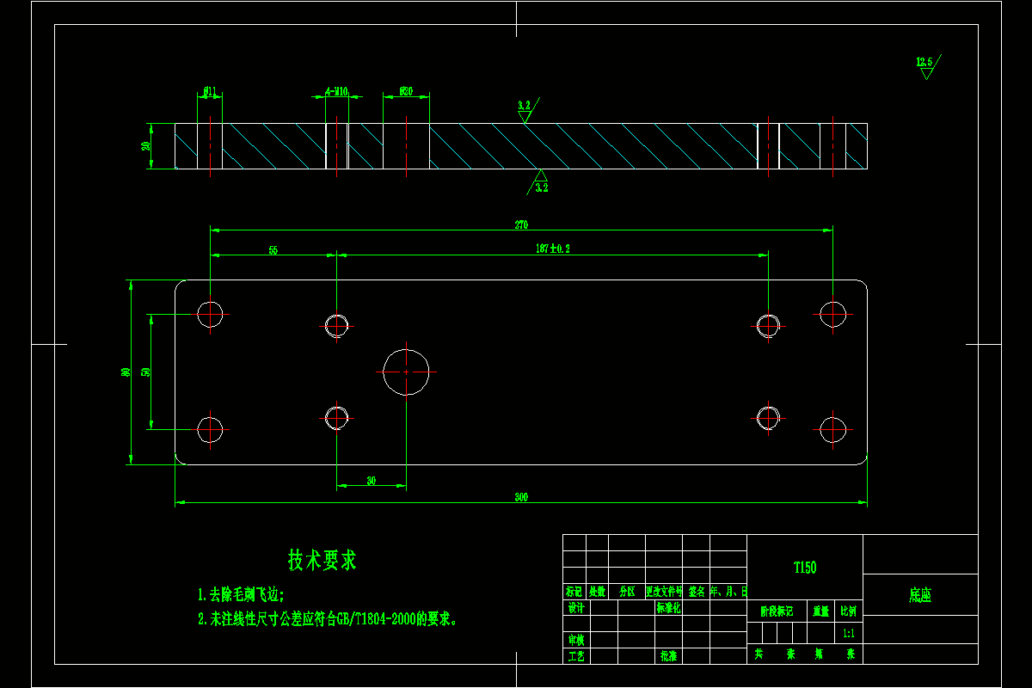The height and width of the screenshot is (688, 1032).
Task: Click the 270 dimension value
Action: [x=521, y=225]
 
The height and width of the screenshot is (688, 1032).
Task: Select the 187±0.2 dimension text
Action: [x=552, y=249]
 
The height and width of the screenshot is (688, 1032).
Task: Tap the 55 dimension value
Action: [x=273, y=250]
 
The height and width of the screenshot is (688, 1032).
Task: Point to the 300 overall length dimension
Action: [x=521, y=497]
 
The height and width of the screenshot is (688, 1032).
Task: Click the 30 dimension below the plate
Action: [x=371, y=481]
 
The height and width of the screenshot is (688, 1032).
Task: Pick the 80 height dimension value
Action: [x=126, y=372]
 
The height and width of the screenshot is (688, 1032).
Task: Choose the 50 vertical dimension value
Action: [x=145, y=372]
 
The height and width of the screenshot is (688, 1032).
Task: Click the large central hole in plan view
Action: [x=406, y=372]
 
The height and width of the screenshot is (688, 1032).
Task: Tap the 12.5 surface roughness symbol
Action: [x=925, y=64]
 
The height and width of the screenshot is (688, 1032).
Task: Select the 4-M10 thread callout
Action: [x=336, y=91]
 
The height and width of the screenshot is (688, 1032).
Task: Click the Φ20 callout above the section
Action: [x=406, y=91]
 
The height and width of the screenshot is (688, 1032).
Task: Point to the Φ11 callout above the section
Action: [x=209, y=90]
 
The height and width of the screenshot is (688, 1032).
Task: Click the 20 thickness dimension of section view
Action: [x=146, y=145]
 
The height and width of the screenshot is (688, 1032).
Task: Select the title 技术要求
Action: [x=322, y=561]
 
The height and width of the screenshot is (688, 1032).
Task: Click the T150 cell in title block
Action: [x=804, y=568]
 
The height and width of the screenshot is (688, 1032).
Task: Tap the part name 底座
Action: [x=920, y=595]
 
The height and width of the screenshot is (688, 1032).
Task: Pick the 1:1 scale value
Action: [x=849, y=633]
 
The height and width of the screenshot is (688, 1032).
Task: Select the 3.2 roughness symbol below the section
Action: [x=541, y=183]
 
